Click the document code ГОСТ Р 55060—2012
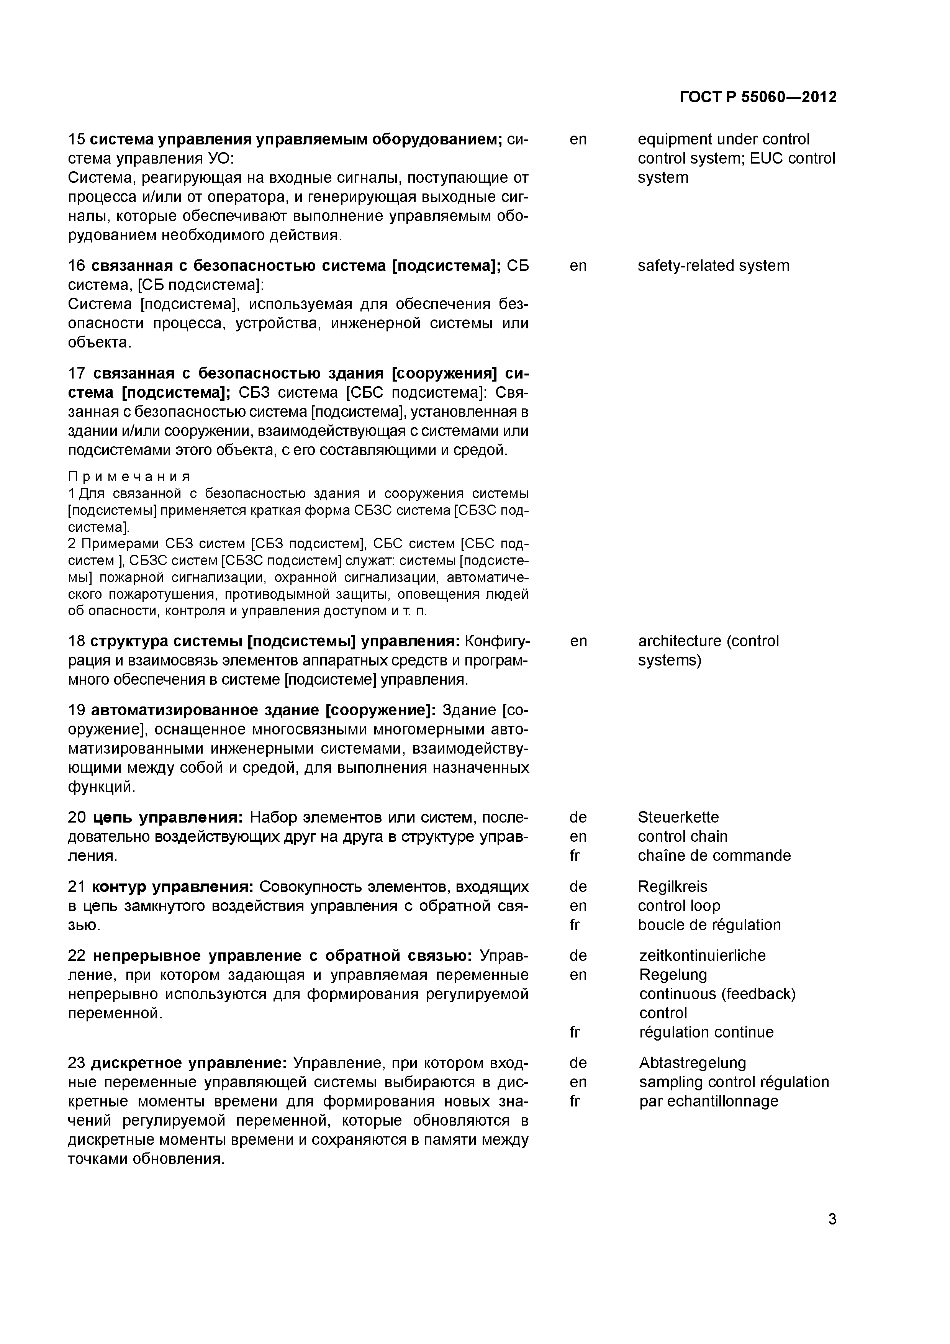(758, 97)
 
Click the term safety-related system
(713, 266)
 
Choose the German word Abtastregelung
(693, 1062)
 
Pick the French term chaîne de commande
(714, 856)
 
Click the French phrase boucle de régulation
(709, 925)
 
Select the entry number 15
(77, 139)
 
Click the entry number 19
(77, 710)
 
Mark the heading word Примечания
(129, 476)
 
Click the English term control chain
(683, 836)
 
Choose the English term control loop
(679, 906)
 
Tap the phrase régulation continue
(706, 1032)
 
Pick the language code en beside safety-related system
(578, 266)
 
